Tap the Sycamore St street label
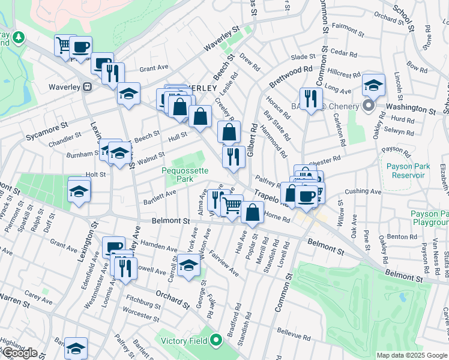[x=45, y=133]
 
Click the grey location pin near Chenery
[x=369, y=106]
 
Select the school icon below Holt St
[x=79, y=191]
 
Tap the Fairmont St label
[x=344, y=27]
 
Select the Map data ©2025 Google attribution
[x=412, y=355]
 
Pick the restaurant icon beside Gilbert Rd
[x=234, y=157]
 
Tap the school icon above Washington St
[x=373, y=85]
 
